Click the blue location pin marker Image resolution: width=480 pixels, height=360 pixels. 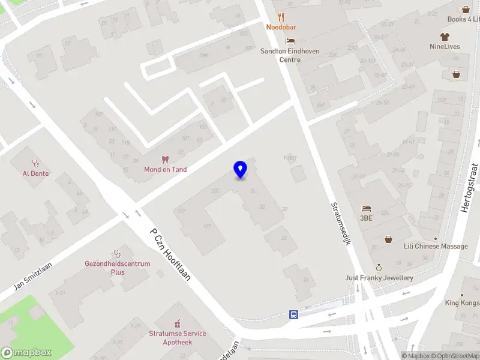coord(240,170)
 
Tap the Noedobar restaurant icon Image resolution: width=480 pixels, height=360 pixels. coord(281,17)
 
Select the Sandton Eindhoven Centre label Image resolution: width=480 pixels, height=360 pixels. coord(290,55)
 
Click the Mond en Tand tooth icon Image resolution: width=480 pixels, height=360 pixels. coord(165,160)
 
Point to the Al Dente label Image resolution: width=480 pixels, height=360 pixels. coord(36,173)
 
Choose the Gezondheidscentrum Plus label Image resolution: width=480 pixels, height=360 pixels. coord(113,268)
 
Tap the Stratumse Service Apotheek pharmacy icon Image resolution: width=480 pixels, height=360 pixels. coord(177,324)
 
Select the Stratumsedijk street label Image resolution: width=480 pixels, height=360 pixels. coord(341,222)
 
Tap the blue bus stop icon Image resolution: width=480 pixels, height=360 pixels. coord(293,314)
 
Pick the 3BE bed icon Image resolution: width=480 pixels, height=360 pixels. coord(366,209)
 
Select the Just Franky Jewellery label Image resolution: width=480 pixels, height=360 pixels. coord(379,278)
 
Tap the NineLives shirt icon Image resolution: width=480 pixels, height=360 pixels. coord(445,36)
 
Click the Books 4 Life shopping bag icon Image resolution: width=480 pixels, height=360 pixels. coord(466,10)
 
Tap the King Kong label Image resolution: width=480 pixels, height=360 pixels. coord(462,303)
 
